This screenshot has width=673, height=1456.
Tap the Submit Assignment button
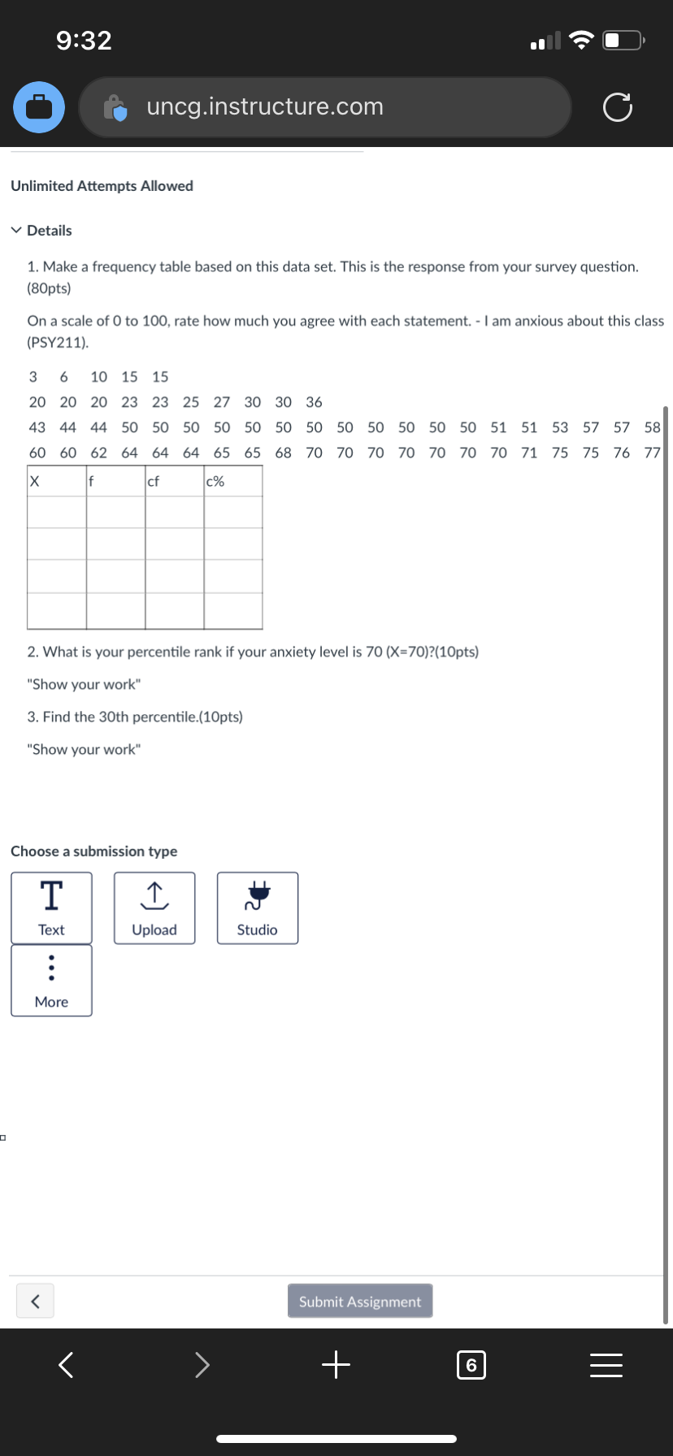point(359,1301)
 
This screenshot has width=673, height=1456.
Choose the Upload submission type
point(154,908)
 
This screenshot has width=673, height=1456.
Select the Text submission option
point(51,908)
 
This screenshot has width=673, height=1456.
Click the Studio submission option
point(257,908)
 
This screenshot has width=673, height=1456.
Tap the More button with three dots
point(51,980)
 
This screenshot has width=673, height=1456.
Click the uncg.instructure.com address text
point(265,106)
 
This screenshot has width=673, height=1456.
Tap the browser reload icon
point(617,107)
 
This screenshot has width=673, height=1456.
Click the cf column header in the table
point(154,481)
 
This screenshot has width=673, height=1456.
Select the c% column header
point(215,481)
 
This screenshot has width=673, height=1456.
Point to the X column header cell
point(36,481)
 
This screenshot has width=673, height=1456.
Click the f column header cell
point(93,481)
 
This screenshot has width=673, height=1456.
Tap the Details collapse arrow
point(17,230)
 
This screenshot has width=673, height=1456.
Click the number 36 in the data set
point(314,402)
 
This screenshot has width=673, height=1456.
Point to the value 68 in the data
point(283,453)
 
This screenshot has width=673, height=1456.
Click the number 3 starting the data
point(33,376)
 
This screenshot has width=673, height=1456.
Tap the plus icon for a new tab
point(336,1365)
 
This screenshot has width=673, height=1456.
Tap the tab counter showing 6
point(471,1365)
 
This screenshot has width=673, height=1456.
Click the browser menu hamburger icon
point(606,1365)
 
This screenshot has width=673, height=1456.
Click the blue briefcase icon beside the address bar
point(39,107)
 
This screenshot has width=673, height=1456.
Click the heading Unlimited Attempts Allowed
point(102,186)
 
